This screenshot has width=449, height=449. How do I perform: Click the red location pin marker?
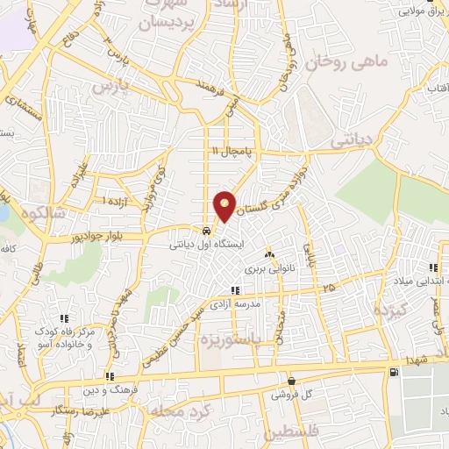pyautogui.click(x=225, y=205)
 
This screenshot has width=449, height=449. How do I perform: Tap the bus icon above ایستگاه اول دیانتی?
pyautogui.click(x=205, y=231)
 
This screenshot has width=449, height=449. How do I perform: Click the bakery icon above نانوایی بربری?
pyautogui.click(x=268, y=254)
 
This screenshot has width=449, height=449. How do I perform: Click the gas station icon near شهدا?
pyautogui.click(x=392, y=372)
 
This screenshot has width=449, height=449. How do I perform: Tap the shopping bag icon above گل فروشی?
pyautogui.click(x=290, y=381)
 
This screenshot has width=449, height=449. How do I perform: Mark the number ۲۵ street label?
pyautogui.click(x=328, y=288)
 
